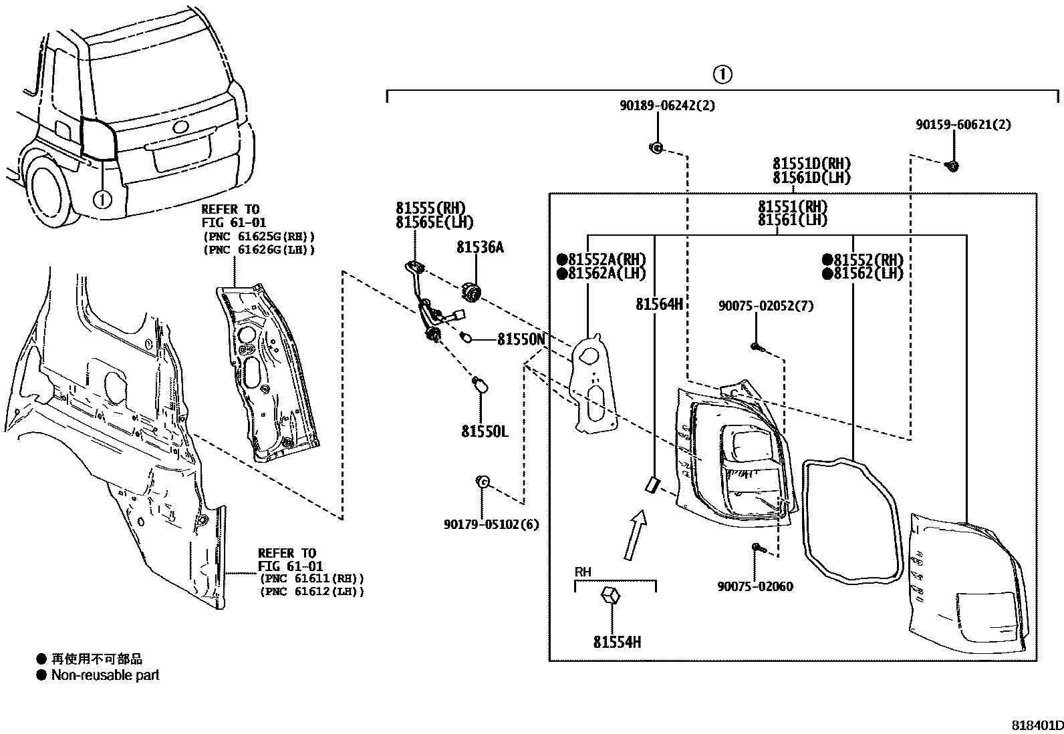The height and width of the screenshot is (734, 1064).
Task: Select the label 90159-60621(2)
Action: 962,125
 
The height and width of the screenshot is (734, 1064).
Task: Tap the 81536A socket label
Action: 480,248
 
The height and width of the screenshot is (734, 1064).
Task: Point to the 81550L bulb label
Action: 484,432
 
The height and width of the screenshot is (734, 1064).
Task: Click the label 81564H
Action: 658,305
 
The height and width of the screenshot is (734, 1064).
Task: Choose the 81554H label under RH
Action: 616,643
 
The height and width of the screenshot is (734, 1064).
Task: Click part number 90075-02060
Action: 755,587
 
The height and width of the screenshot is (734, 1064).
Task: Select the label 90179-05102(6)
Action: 491,525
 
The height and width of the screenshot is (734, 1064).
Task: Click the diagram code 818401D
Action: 1036,725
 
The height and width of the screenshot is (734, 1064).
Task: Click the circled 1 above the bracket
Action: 722,74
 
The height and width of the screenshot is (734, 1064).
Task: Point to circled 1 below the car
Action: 102,198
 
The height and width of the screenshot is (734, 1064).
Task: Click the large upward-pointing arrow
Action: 635,534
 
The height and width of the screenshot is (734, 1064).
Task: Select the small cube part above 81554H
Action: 610,594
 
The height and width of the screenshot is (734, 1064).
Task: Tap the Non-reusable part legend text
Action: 106,675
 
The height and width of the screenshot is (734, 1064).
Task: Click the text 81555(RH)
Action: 430,208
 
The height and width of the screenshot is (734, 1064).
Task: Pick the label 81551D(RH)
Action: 811,164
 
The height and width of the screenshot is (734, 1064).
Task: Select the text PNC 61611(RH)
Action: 311,578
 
